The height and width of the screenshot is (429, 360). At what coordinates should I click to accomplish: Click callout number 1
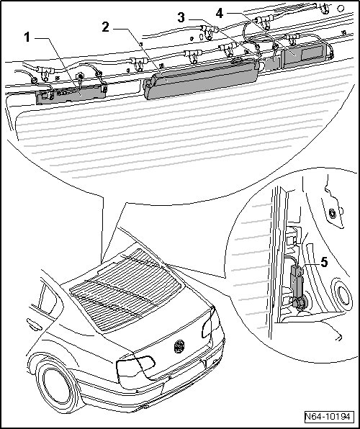tap(27, 37)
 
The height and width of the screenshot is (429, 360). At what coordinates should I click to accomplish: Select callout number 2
tap(105, 27)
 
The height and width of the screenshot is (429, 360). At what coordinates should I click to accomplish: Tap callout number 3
tap(181, 18)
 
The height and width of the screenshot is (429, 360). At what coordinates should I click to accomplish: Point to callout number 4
tap(220, 13)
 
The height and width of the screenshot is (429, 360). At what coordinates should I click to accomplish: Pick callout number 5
tap(324, 262)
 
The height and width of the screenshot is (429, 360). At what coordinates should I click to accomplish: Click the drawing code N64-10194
tap(328, 417)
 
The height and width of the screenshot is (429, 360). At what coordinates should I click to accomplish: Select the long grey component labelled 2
tap(201, 78)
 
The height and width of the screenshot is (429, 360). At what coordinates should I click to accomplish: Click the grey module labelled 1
tap(71, 94)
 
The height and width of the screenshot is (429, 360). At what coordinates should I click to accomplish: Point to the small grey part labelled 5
tap(296, 282)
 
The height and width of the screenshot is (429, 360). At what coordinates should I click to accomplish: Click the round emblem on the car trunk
tap(179, 346)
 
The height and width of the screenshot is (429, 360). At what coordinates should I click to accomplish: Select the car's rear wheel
tap(57, 385)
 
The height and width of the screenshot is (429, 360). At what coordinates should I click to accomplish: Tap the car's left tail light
tap(136, 366)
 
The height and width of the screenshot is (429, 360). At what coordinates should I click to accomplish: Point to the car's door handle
tap(35, 325)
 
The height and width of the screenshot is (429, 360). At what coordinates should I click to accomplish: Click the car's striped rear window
tap(126, 290)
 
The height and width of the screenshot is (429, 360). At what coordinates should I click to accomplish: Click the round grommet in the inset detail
tap(342, 295)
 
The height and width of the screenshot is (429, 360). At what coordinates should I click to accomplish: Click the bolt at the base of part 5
tap(300, 304)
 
